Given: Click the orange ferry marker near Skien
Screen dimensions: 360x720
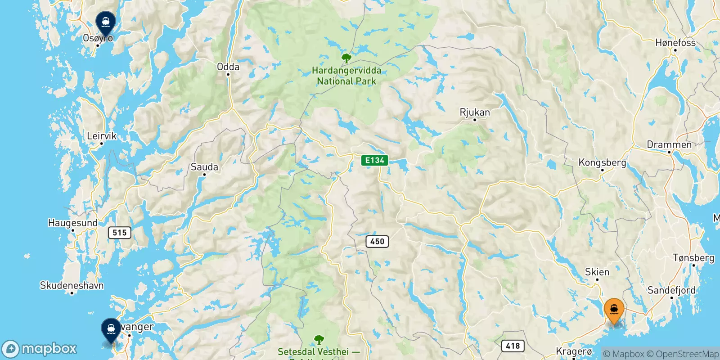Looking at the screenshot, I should pyautogui.click(x=614, y=310).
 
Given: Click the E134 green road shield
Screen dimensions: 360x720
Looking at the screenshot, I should pyautogui.click(x=374, y=160).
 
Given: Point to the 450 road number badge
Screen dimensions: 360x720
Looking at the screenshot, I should pyautogui.click(x=377, y=242).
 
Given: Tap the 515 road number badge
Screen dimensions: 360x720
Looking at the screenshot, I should pyautogui.click(x=119, y=233).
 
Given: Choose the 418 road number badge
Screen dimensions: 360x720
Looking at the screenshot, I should pyautogui.click(x=513, y=346).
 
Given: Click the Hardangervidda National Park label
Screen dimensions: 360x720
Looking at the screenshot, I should pyautogui.click(x=346, y=76).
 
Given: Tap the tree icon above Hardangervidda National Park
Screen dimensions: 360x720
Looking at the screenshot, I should pyautogui.click(x=346, y=58).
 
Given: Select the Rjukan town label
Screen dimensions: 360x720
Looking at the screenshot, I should pyautogui.click(x=475, y=112).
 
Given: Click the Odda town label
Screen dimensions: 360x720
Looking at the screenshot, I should pyautogui.click(x=228, y=67).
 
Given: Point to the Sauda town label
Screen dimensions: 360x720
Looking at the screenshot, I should pyautogui.click(x=204, y=167).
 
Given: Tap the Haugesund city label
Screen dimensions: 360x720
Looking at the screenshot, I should pyautogui.click(x=72, y=223).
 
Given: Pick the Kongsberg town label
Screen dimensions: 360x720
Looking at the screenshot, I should pyautogui.click(x=602, y=162).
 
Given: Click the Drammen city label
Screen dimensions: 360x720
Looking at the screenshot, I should pyautogui.click(x=669, y=145).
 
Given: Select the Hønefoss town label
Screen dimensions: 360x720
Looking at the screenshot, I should pyautogui.click(x=675, y=43).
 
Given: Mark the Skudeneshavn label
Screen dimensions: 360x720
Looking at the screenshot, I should pyautogui.click(x=72, y=285).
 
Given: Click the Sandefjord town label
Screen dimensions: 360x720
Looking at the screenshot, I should pyautogui.click(x=671, y=290).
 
